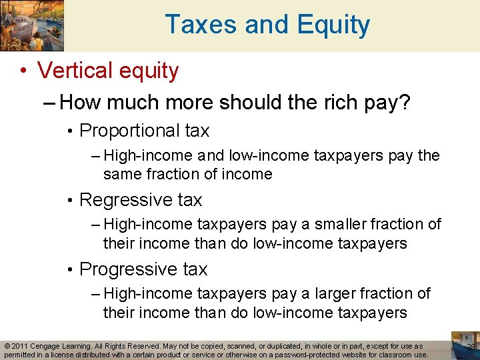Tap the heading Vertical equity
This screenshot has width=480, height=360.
point(108,71)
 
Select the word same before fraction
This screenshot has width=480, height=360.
point(122,175)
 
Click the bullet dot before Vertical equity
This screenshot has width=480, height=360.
point(23,71)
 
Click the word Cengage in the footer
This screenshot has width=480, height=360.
point(50,347)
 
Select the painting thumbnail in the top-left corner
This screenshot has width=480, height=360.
point(32,26)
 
